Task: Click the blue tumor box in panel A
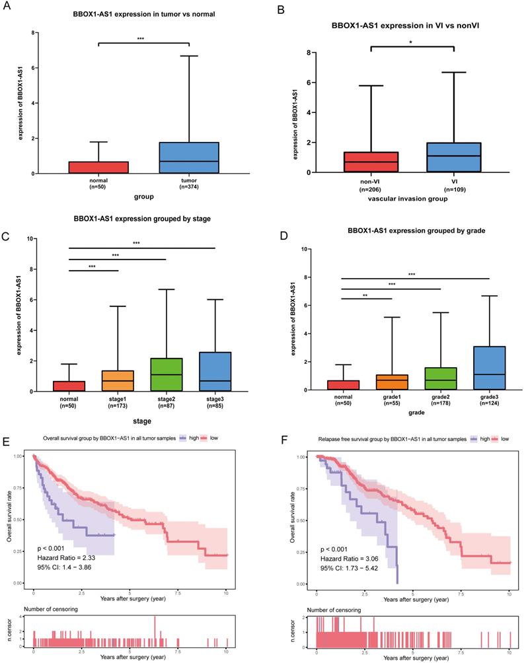tap(189, 158)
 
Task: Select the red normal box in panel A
tap(98, 168)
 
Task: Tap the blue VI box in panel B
tap(454, 157)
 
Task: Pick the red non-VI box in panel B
tap(371, 162)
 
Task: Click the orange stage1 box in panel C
tap(118, 381)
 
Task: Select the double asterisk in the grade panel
tap(365, 296)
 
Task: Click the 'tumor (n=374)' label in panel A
tap(189, 183)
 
